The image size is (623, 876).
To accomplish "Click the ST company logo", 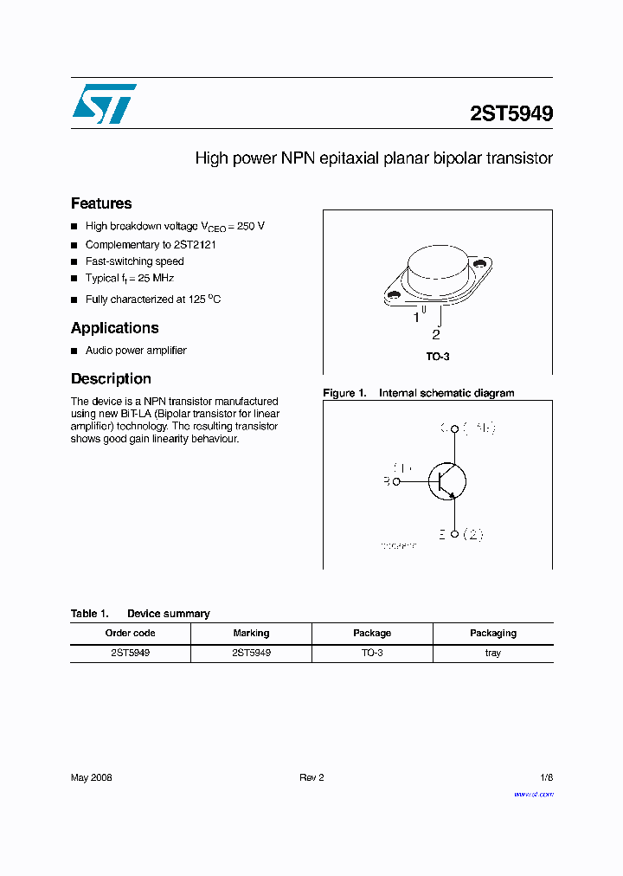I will coord(104,104).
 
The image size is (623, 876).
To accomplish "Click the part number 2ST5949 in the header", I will coord(511,113).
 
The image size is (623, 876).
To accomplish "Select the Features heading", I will coord(101,203).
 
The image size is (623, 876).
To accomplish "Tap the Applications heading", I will coord(115,328).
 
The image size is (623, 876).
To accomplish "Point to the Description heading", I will coord(111,379).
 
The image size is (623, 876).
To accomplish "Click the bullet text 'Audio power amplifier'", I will coord(136,351).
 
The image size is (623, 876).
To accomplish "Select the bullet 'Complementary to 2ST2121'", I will coord(151,245).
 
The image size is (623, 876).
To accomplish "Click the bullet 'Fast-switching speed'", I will coord(134,261).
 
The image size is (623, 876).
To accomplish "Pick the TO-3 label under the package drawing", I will coord(437,357).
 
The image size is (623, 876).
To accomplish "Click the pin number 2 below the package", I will coord(436,335).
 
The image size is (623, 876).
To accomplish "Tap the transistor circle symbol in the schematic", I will coord(446,481).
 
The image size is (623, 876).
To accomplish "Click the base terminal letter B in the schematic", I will coord(387,481).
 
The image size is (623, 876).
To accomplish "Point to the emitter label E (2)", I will coord(459,534).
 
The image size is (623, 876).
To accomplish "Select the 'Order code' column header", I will coord(130,634).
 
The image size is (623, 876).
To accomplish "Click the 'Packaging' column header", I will coord(492,634).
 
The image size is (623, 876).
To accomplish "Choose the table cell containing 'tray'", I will coord(492,653).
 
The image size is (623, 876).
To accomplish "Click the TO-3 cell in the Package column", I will coord(372,653).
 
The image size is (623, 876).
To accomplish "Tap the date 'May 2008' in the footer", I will coord(91,778).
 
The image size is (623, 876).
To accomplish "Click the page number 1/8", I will coord(545,778).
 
